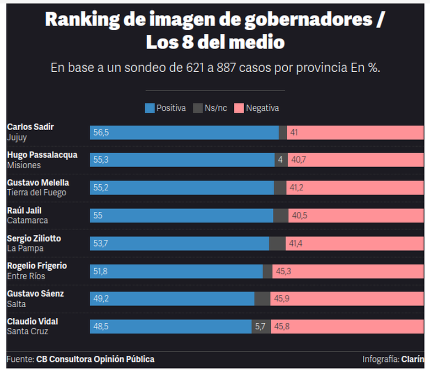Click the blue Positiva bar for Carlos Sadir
click(x=185, y=132)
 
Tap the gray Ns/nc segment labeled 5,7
click(x=260, y=326)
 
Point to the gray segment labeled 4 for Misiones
click(x=281, y=160)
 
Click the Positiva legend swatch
click(x=149, y=108)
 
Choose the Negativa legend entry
click(x=257, y=108)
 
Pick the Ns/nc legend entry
click(x=210, y=108)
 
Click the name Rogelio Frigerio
click(x=37, y=266)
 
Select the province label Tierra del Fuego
click(x=36, y=193)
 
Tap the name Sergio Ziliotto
click(x=34, y=238)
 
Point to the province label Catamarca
click(x=28, y=220)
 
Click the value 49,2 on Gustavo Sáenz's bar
click(x=101, y=298)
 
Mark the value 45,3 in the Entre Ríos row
click(x=283, y=271)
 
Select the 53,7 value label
click(x=101, y=243)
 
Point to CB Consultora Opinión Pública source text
click(x=95, y=359)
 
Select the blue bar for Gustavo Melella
click(x=182, y=188)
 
